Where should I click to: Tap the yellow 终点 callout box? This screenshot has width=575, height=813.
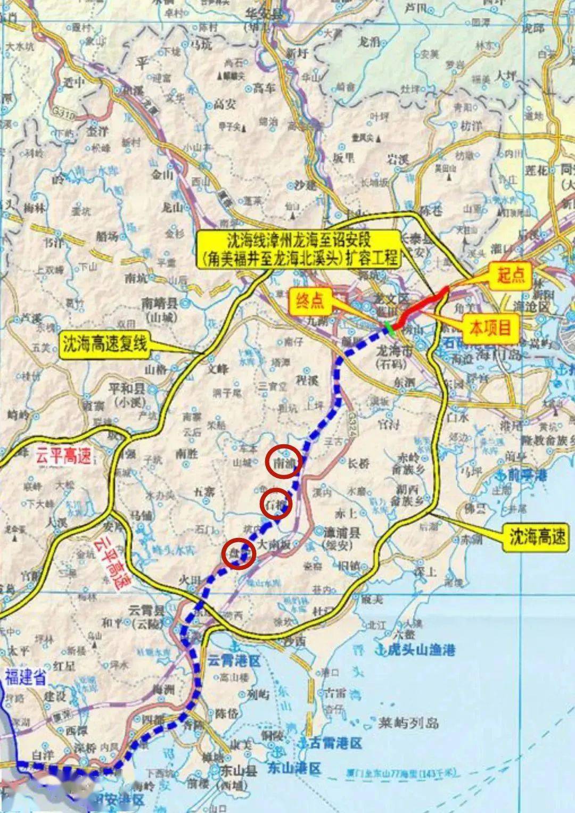310,301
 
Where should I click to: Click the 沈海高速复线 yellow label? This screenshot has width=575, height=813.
104,344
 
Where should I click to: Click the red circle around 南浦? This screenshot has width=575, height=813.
285,462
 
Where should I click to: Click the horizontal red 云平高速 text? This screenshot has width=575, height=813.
63,455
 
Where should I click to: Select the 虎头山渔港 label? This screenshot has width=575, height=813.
421,649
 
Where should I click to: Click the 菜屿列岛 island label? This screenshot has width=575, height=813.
408,723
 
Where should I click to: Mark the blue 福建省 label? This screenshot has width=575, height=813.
26,677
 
